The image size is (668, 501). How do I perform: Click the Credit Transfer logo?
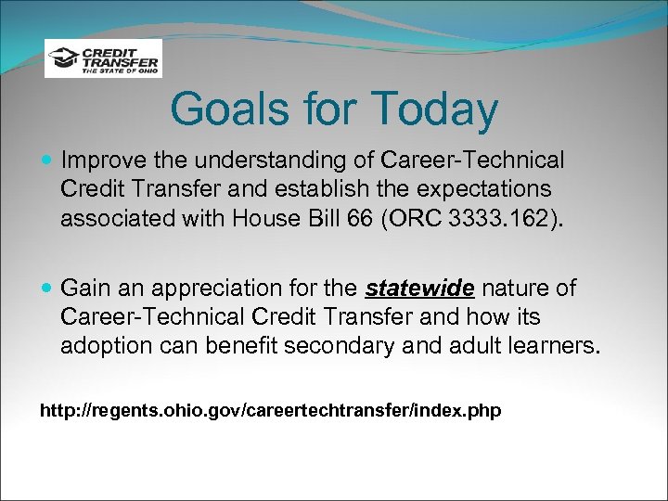(x=103, y=58)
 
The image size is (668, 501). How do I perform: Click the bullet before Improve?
(x=48, y=161)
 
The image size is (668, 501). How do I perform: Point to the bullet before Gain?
(x=48, y=289)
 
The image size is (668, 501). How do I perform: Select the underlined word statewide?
(x=419, y=289)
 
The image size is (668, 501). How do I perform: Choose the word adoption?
(x=100, y=347)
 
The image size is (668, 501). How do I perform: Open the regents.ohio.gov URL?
(x=270, y=409)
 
